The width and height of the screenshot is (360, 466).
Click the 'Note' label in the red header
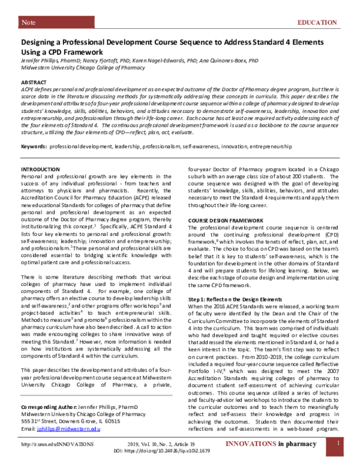(x=28, y=22)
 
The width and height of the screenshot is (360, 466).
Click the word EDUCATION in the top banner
(x=317, y=22)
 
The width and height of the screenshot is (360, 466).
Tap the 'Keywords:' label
(x=34, y=146)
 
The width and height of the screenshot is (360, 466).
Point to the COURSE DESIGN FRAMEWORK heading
(x=226, y=221)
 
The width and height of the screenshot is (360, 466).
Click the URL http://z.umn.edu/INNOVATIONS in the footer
(x=58, y=461)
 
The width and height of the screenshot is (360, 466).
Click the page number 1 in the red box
(x=339, y=459)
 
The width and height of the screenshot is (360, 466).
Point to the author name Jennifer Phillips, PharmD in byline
(x=52, y=61)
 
